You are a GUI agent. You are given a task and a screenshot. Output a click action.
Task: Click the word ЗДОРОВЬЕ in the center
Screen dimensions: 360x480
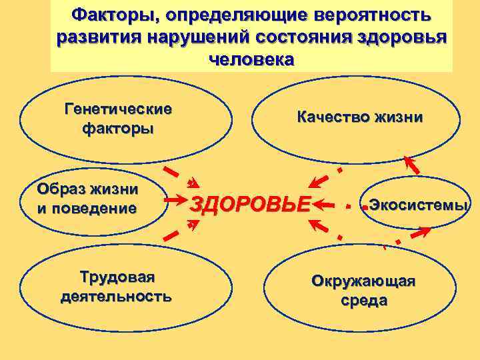coord(251,203)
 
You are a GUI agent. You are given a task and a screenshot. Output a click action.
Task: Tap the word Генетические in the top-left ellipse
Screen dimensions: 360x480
coord(118,109)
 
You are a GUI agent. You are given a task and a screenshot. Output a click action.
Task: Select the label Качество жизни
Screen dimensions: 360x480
coord(360,118)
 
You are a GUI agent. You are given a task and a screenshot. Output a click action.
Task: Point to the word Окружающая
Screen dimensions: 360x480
coord(363,281)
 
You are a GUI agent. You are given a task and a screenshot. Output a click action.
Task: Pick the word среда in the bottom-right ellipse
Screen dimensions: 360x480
coord(364,301)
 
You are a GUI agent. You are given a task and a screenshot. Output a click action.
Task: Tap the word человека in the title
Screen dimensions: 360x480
coord(251,59)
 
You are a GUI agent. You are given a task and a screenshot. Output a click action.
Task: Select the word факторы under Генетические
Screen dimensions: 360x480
coord(118,127)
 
